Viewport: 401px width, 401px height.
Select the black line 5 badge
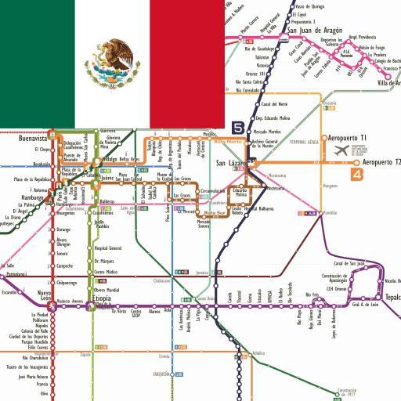click(239, 127)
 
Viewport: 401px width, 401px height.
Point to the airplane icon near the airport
click(341, 150)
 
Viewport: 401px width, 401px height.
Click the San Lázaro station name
click(230, 162)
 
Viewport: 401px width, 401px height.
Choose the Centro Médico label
click(105, 272)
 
